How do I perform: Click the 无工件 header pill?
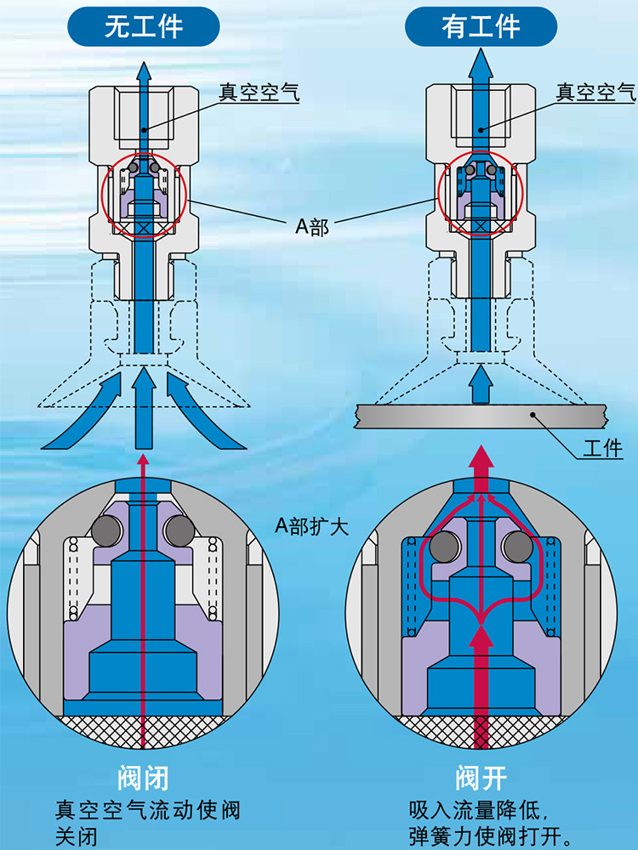click(144, 27)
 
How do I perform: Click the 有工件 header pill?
click(481, 27)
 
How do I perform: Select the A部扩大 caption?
click(311, 525)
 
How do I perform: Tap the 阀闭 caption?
click(143, 778)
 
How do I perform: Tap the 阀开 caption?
click(481, 778)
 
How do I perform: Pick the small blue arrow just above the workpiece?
click(481, 385)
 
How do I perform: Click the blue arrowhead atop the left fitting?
click(144, 71)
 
